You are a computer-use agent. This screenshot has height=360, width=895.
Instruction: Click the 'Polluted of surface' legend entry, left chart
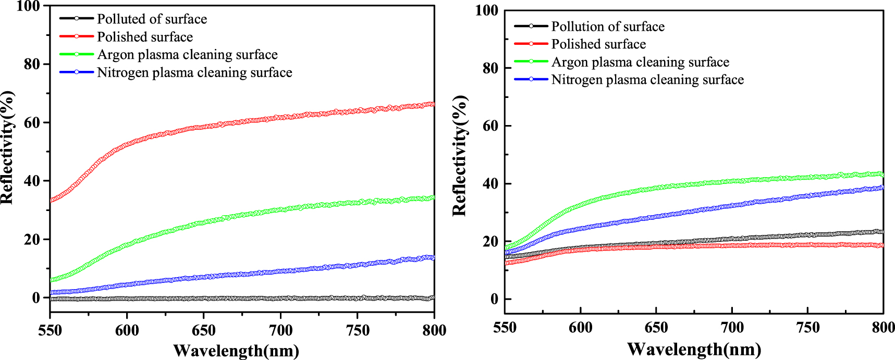click(x=152, y=19)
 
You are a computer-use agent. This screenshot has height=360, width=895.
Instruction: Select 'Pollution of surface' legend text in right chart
click(x=608, y=27)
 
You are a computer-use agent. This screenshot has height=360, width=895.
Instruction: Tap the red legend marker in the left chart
click(x=77, y=36)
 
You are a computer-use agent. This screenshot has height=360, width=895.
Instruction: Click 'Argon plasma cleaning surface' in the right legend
click(x=640, y=62)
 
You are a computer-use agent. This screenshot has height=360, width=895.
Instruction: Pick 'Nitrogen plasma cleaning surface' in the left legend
click(x=194, y=72)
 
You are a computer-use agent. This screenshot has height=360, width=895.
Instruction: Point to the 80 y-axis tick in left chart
click(x=32, y=64)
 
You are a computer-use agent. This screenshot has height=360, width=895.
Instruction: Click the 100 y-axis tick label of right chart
click(x=486, y=10)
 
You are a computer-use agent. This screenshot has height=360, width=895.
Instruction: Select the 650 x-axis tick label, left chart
click(x=203, y=330)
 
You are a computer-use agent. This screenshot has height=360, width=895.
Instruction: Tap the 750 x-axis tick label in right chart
click(x=808, y=328)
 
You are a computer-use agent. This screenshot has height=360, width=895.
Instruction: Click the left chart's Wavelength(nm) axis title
click(x=236, y=351)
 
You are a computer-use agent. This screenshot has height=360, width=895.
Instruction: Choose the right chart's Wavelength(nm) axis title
click(x=694, y=349)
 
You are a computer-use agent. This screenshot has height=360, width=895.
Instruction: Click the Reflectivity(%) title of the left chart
click(x=7, y=147)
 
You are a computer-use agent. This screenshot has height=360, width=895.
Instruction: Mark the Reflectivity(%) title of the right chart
click(x=460, y=156)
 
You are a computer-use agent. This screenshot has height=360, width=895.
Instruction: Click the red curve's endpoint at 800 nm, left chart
click(x=433, y=104)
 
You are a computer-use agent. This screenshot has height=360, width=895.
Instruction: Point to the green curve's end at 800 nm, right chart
click(x=882, y=174)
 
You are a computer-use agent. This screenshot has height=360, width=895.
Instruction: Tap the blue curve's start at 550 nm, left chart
click(x=51, y=292)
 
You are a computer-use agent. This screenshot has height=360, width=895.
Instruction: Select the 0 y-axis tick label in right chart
click(x=494, y=300)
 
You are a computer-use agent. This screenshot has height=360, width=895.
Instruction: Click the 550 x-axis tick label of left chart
click(x=50, y=330)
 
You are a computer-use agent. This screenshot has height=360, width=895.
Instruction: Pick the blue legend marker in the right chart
click(x=531, y=79)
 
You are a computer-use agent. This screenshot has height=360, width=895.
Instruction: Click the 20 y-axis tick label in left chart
click(x=32, y=240)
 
